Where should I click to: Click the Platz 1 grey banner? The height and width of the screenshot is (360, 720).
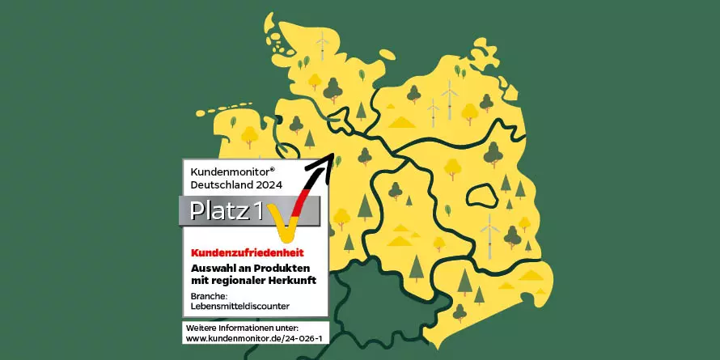pos(226,211)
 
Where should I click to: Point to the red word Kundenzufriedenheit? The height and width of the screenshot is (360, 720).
pos(242,254)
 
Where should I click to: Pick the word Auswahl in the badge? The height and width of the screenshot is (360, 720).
pos(213,268)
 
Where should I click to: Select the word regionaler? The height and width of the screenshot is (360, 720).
pos(239,280)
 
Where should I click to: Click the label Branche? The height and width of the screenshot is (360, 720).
pos(208,295)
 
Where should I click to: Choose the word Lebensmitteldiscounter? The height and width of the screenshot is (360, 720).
pos(239,305)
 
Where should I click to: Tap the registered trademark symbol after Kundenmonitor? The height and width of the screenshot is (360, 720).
pos(273,168)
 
